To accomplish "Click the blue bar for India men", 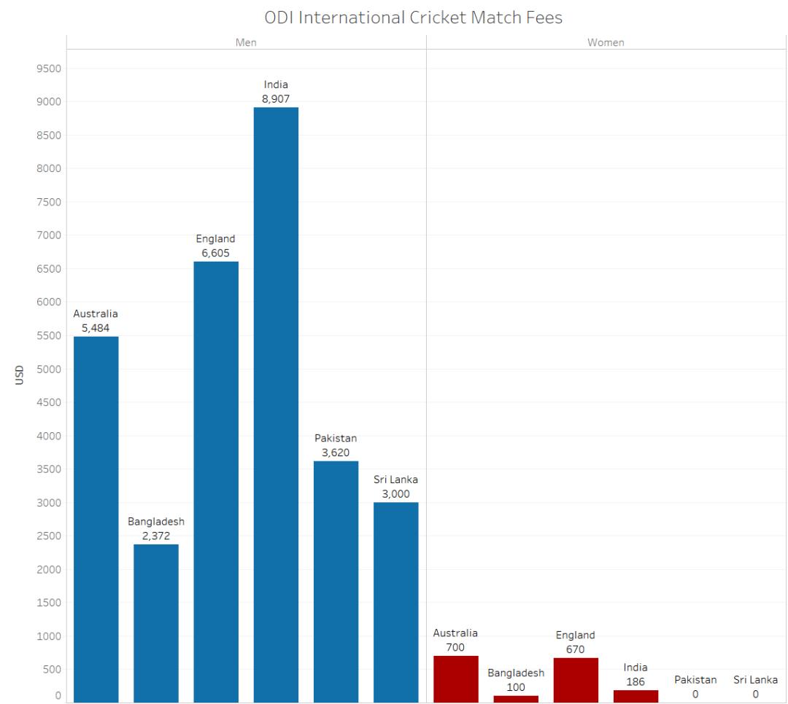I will tap(276, 404).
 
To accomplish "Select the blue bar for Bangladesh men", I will tap(155, 623).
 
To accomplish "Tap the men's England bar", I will tap(216, 481).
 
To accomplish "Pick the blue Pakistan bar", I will tap(336, 581).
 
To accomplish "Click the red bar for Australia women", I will tap(456, 678).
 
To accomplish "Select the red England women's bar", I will tap(576, 679).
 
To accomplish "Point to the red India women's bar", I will tap(636, 696).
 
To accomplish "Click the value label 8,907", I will tap(276, 99).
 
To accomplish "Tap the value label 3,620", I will tap(336, 453).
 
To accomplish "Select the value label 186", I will tap(636, 682).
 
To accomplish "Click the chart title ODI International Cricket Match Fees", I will tap(413, 17).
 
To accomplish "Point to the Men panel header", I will tap(246, 42).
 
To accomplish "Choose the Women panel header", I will tap(606, 42).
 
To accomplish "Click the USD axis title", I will tap(20, 375).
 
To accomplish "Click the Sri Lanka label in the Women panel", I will tap(755, 680).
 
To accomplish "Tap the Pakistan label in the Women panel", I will tap(695, 680).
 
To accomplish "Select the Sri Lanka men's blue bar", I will tap(395, 602).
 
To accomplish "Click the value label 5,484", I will tap(96, 328).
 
